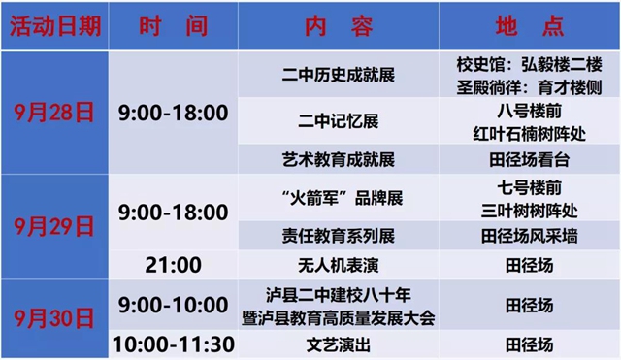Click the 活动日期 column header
coord(53,26)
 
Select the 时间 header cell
coord(173,26)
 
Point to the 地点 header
coord(529,26)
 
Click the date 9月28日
coord(53,113)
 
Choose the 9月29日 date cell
coord(53,227)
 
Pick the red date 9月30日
coord(53,318)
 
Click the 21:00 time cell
coord(173,264)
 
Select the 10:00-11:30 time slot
coord(173,344)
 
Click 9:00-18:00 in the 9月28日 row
coord(173,113)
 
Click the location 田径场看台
coord(529,158)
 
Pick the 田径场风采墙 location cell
coord(529,235)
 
